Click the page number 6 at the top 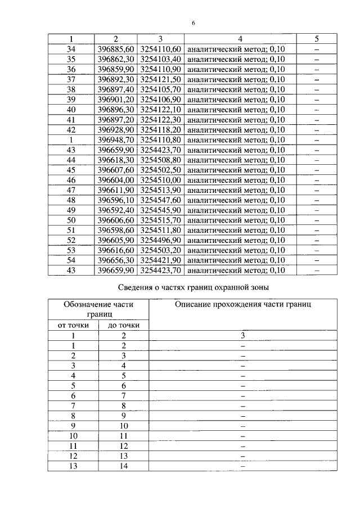pos(193,23)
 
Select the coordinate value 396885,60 pos(115,49)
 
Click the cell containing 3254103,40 pos(160,59)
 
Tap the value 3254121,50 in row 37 pos(160,79)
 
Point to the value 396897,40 pos(115,89)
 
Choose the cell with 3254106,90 pos(160,100)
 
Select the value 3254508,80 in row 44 pos(160,160)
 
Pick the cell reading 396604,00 pos(115,180)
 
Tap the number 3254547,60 pos(160,200)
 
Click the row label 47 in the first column pos(71,190)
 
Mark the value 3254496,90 pos(160,240)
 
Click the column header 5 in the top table pos(316,39)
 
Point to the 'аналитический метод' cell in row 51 pos(236,230)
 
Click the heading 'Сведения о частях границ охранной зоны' pos(193,287)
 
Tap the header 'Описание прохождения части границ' pos(243,304)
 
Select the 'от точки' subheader pos(73,325)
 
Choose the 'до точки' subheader pos(123,325)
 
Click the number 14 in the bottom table pos(123,466)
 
